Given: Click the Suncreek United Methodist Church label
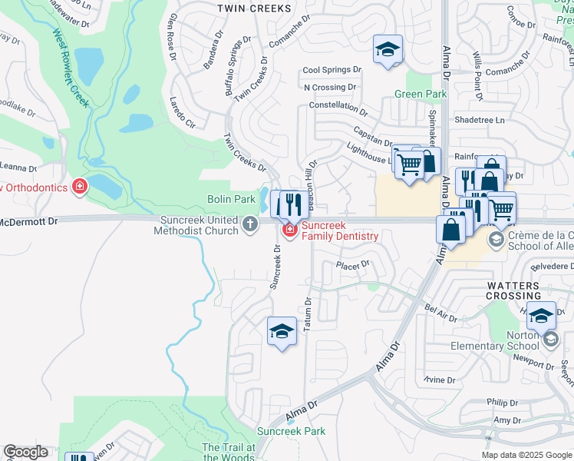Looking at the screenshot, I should pyautogui.click(x=200, y=225).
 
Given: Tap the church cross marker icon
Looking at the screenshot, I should pyautogui.click(x=249, y=224).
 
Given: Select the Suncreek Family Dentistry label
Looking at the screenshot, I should pyautogui.click(x=339, y=230).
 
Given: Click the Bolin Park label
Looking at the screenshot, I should pyautogui.click(x=231, y=199).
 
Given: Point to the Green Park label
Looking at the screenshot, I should pyautogui.click(x=421, y=94).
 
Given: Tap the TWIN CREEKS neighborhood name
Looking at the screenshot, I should pyautogui.click(x=254, y=8).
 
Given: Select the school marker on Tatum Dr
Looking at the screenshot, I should pyautogui.click(x=282, y=332).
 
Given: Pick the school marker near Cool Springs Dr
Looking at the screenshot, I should pyautogui.click(x=388, y=50).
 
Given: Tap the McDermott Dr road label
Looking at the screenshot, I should pyautogui.click(x=28, y=221).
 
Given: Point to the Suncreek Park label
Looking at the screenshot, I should pyautogui.click(x=291, y=431).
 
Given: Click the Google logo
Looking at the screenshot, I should pyautogui.click(x=25, y=452).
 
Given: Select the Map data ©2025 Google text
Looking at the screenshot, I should pyautogui.click(x=526, y=455).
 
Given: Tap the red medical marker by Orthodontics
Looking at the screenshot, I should pyautogui.click(x=79, y=186).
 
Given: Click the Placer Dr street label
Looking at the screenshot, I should pyautogui.click(x=353, y=264).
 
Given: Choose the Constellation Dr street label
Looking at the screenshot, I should pyautogui.click(x=338, y=105).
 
